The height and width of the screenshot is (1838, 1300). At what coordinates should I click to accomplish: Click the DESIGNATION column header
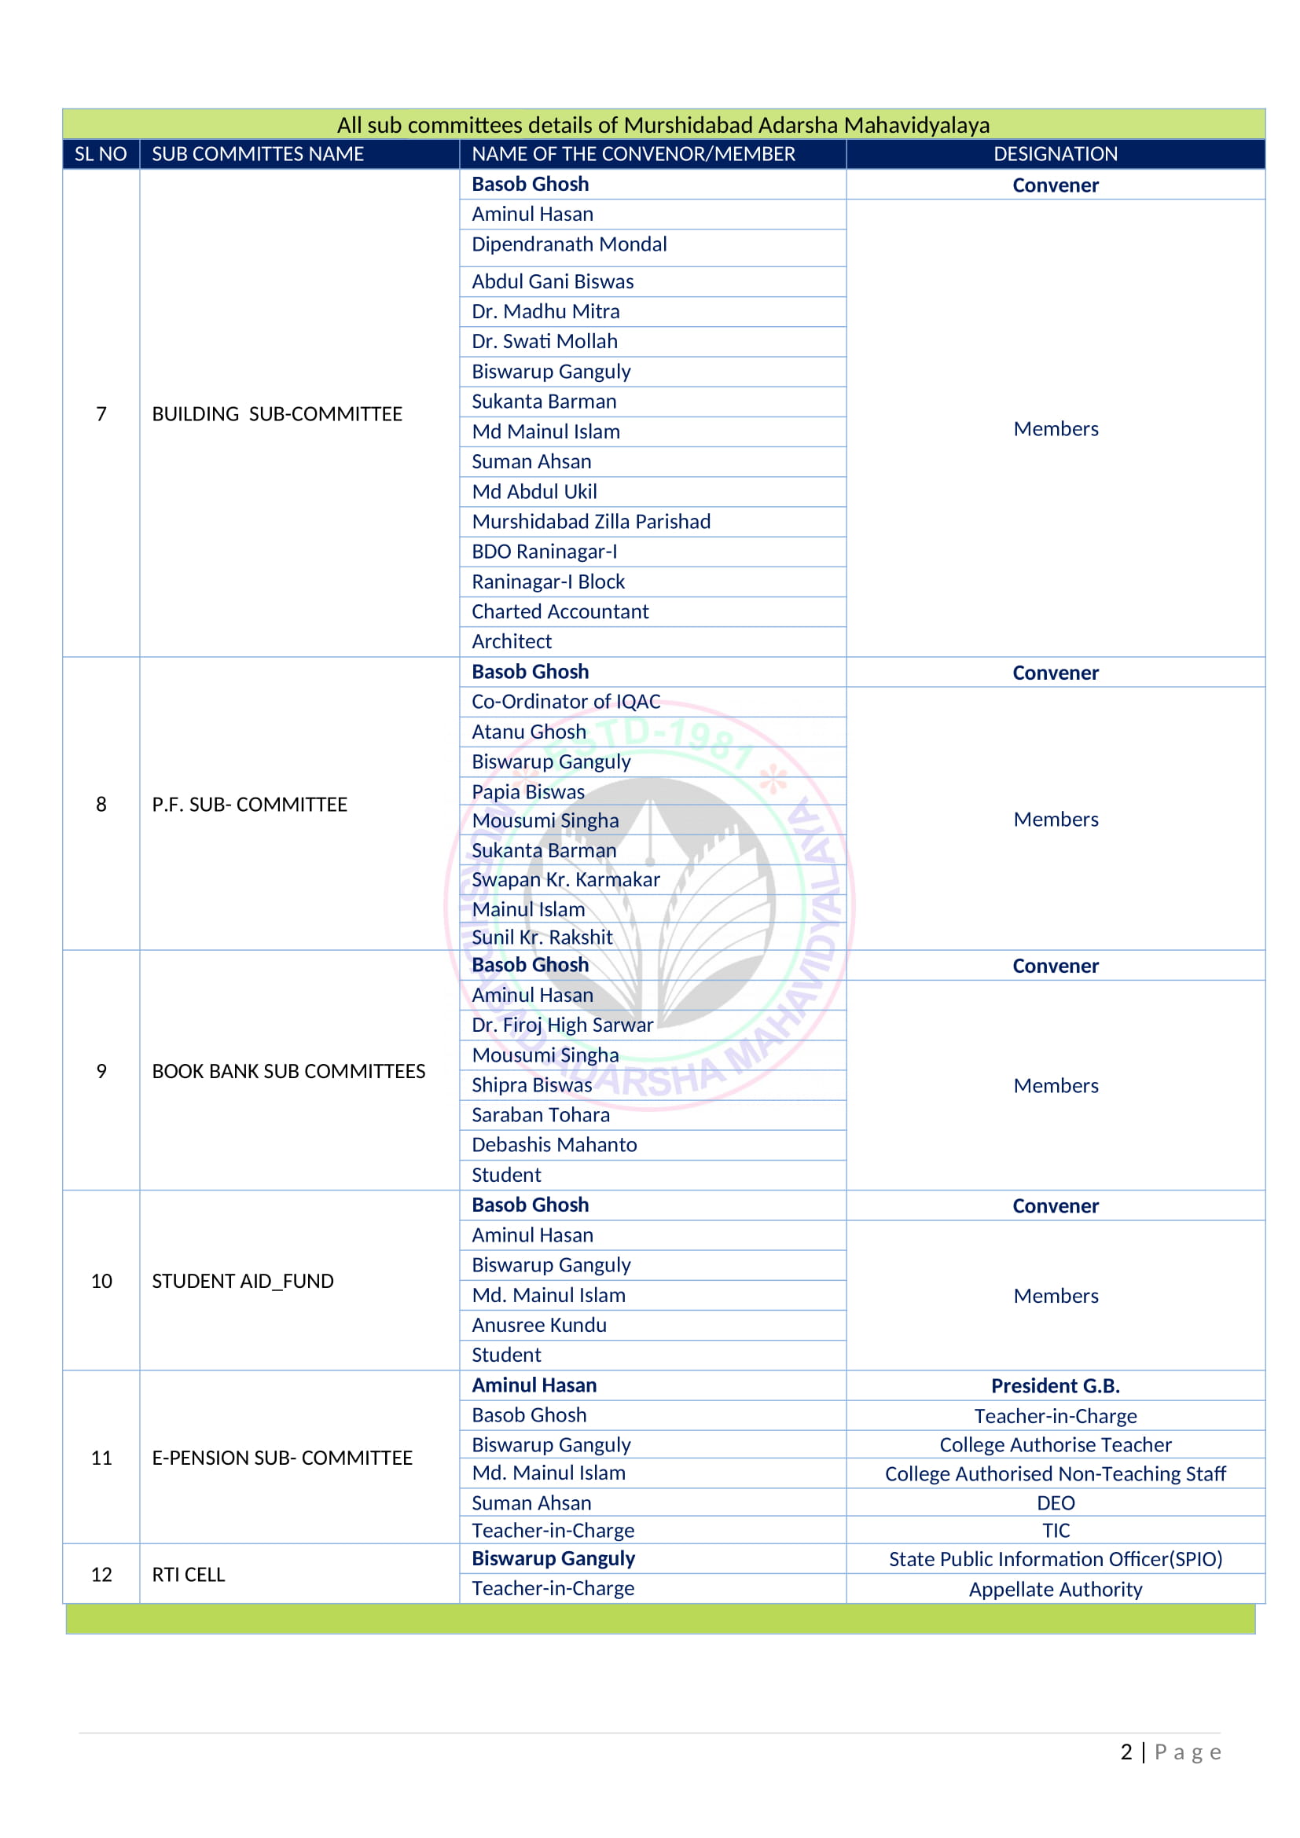point(1055,154)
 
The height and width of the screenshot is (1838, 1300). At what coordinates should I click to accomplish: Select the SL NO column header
point(101,154)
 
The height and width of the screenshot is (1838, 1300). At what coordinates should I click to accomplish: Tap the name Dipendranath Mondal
point(569,244)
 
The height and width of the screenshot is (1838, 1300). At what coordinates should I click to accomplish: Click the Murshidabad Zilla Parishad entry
point(591,522)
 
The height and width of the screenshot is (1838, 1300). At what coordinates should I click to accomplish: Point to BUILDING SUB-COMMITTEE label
point(277,414)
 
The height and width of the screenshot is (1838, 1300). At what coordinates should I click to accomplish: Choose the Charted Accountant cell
point(560,611)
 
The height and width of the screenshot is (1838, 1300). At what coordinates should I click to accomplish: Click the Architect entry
point(512,641)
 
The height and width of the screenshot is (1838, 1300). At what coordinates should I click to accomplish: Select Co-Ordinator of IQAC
point(566,701)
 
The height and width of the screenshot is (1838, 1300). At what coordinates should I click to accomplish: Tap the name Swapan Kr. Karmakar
point(565,879)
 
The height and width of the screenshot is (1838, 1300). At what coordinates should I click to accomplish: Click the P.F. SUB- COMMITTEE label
point(250,805)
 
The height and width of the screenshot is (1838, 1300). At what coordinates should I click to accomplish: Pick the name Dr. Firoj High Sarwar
point(562,1025)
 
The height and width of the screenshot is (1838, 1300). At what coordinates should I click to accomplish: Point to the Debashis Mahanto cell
point(554,1145)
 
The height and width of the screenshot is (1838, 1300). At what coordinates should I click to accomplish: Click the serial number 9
point(101,1071)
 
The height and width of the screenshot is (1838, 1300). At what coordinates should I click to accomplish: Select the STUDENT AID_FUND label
point(243,1281)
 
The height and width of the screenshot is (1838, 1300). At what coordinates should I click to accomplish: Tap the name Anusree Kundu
point(538,1325)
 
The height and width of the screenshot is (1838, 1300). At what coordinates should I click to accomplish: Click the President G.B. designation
point(1055,1385)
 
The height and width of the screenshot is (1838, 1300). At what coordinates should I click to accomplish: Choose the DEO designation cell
point(1055,1502)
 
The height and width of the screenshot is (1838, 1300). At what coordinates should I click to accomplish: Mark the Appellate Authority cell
point(1055,1589)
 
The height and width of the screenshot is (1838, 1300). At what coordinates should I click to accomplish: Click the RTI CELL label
point(188,1575)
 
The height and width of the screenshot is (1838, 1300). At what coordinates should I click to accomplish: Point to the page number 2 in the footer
point(1126,1752)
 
